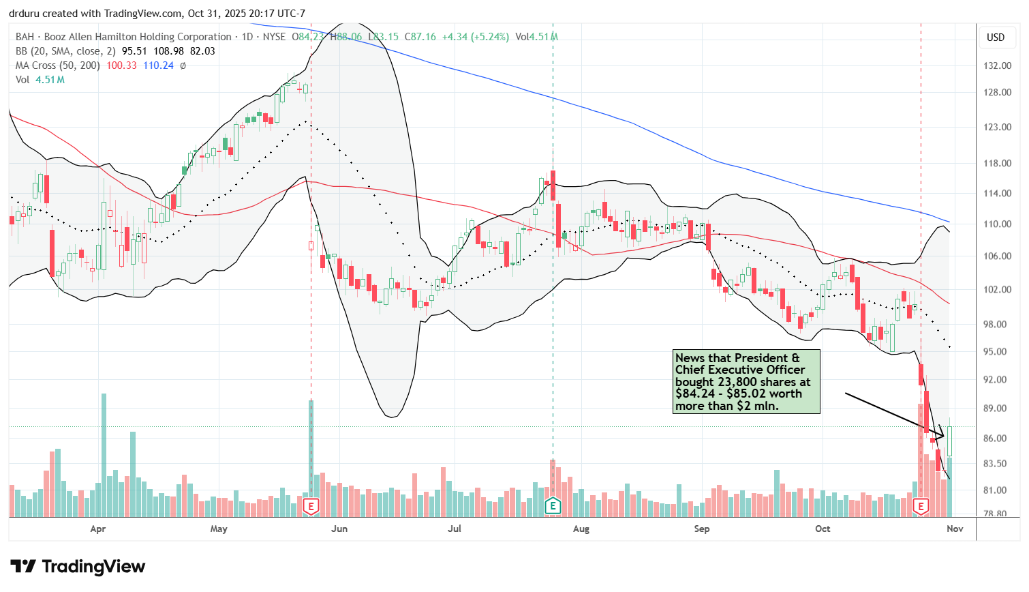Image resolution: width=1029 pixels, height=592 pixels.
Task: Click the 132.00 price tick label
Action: (x=998, y=65)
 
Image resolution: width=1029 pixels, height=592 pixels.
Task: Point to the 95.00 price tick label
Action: (x=998, y=352)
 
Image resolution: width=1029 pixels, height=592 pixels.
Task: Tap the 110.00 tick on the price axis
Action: (x=998, y=224)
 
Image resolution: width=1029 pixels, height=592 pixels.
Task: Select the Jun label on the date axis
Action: (x=339, y=529)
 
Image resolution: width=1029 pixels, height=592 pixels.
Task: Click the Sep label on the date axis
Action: (x=701, y=529)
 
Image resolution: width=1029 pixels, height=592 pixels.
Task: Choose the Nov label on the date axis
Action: (x=955, y=529)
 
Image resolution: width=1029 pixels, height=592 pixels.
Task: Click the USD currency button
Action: (x=996, y=38)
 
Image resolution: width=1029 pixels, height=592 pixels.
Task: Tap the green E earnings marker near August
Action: (x=553, y=506)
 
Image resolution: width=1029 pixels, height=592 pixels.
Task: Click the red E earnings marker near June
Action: (x=311, y=506)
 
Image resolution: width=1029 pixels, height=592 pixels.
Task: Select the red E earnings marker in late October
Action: (x=921, y=506)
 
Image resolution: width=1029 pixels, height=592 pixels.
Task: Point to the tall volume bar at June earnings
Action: (x=311, y=450)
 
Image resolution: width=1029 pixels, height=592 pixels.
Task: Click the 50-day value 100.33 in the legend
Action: (x=121, y=65)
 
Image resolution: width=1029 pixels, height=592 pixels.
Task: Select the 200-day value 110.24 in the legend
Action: (x=158, y=65)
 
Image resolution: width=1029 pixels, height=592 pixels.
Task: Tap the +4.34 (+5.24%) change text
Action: (x=475, y=37)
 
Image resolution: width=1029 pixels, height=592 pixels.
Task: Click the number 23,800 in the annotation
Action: (x=737, y=382)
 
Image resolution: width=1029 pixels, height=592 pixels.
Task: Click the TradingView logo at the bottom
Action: (x=78, y=567)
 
